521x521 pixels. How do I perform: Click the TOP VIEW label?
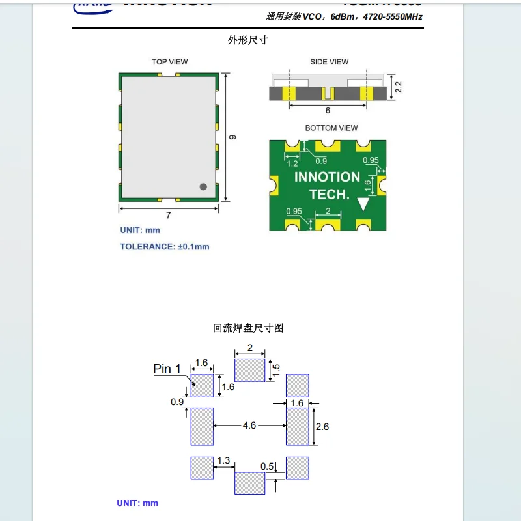click(169, 62)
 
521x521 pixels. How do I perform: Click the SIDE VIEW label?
click(329, 62)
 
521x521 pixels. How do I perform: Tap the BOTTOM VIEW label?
click(331, 128)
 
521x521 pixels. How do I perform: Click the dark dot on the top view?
click(203, 186)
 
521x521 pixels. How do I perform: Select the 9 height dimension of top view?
click(233, 137)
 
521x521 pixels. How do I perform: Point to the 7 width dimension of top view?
click(168, 216)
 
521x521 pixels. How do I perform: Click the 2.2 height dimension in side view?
click(399, 87)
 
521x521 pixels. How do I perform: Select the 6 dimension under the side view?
click(328, 111)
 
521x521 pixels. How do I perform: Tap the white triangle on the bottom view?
click(363, 204)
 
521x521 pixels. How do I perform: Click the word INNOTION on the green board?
click(327, 177)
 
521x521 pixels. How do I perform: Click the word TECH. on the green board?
click(329, 194)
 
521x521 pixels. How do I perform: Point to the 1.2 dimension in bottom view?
click(292, 163)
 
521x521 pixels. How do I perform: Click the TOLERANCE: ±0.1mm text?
click(165, 247)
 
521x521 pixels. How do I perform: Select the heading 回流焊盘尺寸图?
click(248, 328)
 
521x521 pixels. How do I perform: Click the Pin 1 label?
click(167, 369)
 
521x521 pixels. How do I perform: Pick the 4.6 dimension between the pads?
click(249, 425)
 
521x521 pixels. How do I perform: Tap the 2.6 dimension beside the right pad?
click(322, 427)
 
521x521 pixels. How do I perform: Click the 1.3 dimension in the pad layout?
click(223, 460)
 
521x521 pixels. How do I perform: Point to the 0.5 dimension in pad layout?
click(267, 466)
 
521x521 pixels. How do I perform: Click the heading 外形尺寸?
click(247, 40)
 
